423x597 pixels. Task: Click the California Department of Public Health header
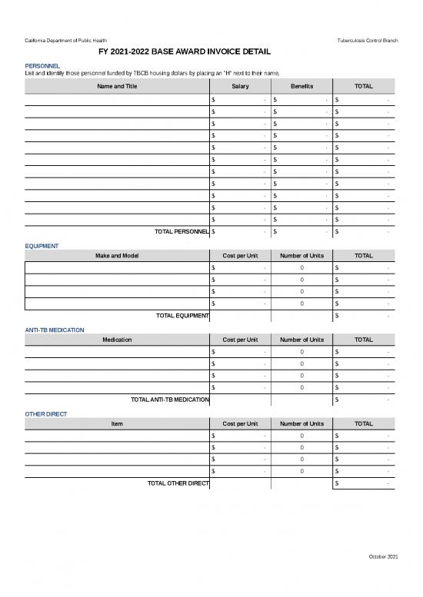66,40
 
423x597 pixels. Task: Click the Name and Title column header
117,86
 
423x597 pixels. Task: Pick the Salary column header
240,86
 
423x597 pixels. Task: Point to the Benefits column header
301,86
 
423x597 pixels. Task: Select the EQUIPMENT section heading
42,246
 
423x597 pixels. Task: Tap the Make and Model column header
117,255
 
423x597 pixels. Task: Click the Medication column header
117,340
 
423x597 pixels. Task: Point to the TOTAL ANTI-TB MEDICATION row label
170,400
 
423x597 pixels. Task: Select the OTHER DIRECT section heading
45,414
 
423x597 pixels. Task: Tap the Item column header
117,423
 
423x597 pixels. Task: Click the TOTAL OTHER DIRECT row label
178,483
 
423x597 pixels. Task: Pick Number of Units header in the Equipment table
301,255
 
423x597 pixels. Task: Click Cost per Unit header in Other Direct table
240,423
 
